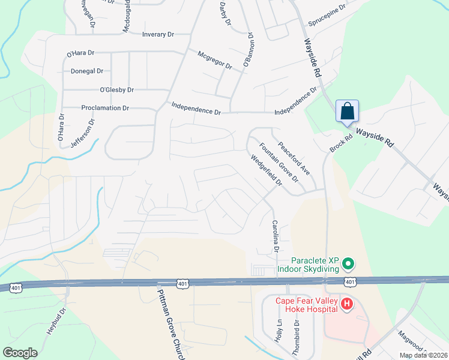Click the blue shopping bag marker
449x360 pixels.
point(347,111)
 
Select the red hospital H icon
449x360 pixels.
point(346,305)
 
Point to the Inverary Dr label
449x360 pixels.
point(158,34)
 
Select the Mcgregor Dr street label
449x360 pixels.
point(215,60)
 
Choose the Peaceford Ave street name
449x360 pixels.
point(294,158)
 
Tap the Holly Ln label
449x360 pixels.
point(279,331)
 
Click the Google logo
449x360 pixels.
point(20,353)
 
